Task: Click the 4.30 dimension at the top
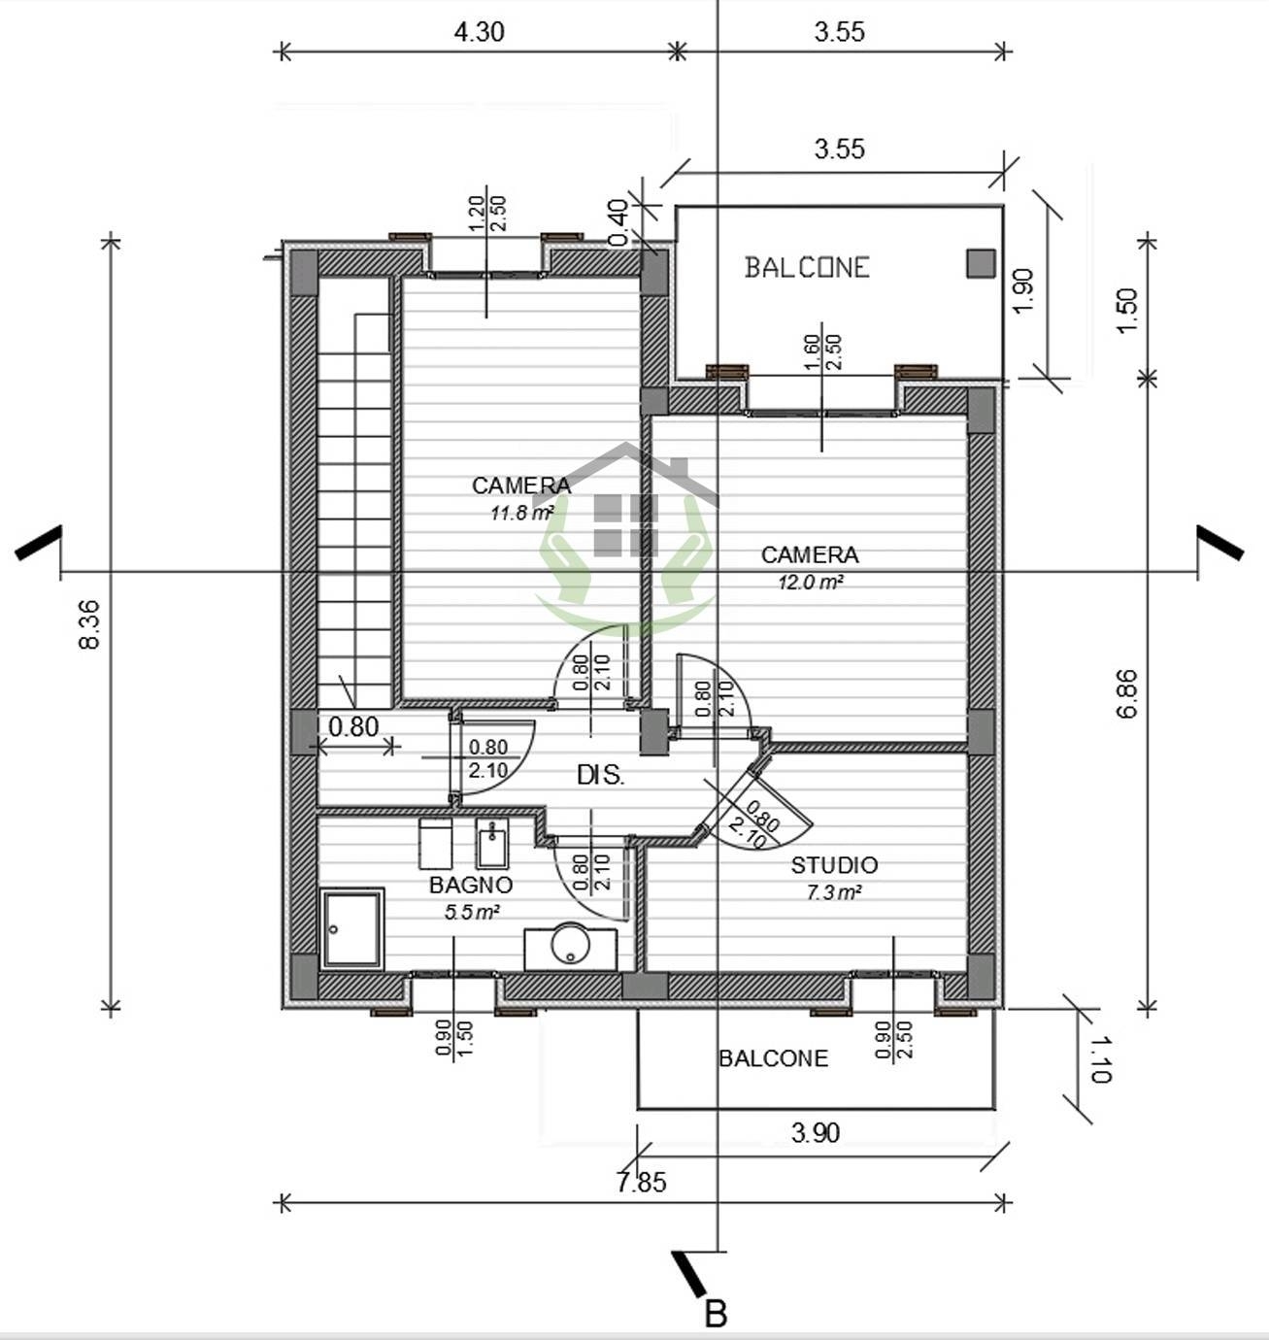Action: (x=479, y=32)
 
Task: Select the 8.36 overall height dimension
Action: (x=89, y=624)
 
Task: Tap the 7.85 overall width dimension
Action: (x=642, y=1182)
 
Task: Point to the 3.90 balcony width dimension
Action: (x=816, y=1133)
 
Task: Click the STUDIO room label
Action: (x=834, y=865)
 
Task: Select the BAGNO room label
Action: (x=471, y=885)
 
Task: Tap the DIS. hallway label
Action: (x=600, y=775)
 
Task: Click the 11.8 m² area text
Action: (x=522, y=513)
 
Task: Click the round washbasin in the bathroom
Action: (x=570, y=943)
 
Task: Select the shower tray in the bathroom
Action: (x=351, y=929)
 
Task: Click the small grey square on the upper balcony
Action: (x=981, y=263)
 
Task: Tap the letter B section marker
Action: (x=716, y=1314)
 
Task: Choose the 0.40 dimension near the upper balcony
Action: (x=618, y=223)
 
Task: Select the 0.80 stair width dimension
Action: (x=353, y=726)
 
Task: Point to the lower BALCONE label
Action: (x=774, y=1058)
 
